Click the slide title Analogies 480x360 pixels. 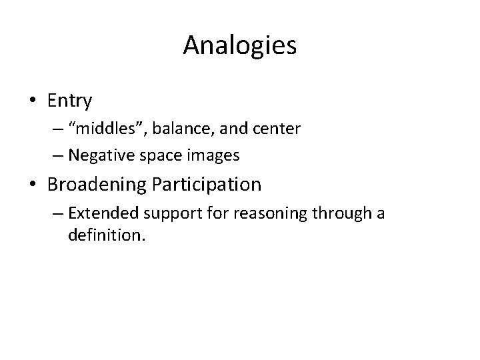(x=240, y=46)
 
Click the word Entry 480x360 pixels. (x=70, y=101)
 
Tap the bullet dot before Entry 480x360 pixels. (x=33, y=101)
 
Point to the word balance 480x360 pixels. (x=157, y=127)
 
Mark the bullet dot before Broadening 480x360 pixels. (x=33, y=185)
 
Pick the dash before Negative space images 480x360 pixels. (x=56, y=156)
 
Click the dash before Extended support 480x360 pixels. (x=56, y=213)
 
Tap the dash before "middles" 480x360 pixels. (x=56, y=127)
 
